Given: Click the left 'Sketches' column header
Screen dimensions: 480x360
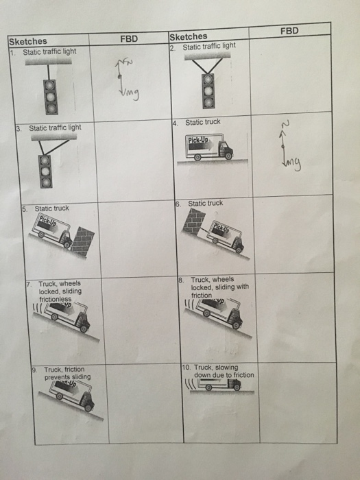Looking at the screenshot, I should click(27, 41).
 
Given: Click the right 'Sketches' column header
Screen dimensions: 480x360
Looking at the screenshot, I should click(188, 36).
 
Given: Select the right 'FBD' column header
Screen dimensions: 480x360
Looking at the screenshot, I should click(289, 31).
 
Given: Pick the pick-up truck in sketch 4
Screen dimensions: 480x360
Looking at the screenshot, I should click(211, 148).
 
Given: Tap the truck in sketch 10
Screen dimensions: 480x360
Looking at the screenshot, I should click(220, 386).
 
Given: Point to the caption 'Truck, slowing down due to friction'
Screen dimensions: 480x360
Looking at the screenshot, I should click(221, 371).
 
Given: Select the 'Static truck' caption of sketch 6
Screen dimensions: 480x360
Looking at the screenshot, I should click(204, 203).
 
